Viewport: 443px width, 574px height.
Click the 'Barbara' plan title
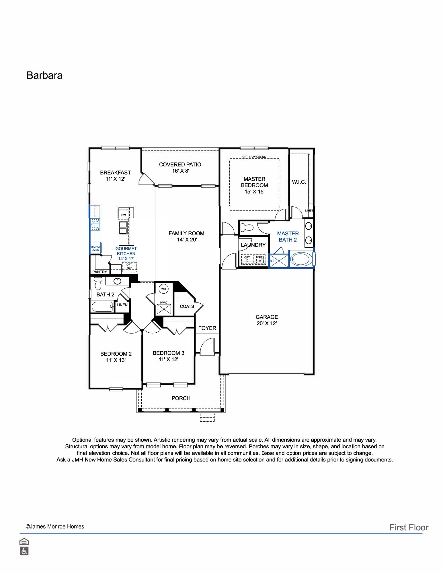(x=44, y=75)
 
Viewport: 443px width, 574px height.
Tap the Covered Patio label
(x=180, y=164)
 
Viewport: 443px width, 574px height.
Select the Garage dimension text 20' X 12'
(x=267, y=323)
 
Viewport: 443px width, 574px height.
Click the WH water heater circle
(x=163, y=289)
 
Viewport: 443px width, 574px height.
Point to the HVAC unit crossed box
(x=163, y=310)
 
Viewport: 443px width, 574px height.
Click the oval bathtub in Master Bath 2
(x=301, y=259)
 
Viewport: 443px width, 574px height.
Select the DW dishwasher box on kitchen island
(x=124, y=215)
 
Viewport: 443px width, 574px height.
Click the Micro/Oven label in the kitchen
(x=95, y=248)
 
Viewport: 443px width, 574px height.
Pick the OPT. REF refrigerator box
(x=129, y=267)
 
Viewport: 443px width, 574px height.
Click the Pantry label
(x=100, y=272)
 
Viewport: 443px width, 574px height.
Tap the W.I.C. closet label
(x=299, y=182)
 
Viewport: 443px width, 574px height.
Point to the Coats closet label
(x=187, y=306)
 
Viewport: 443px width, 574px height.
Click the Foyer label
(x=207, y=328)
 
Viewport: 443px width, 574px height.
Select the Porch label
(x=181, y=398)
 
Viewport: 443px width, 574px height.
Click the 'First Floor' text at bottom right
(x=409, y=528)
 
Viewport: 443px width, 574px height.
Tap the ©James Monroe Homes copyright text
(x=55, y=526)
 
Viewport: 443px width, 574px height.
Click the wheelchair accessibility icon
(x=24, y=551)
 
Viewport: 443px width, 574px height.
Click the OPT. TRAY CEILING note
(x=254, y=157)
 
